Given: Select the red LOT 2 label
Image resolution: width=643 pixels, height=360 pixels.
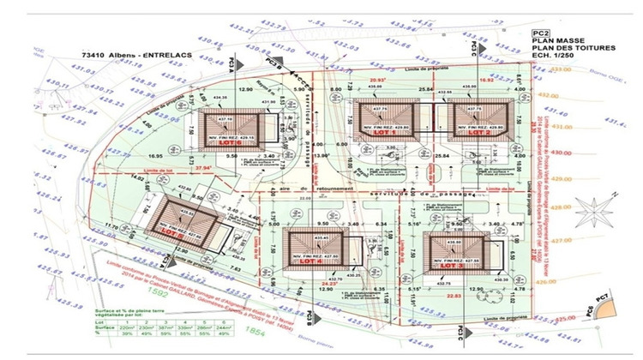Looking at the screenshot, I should pos(478,133).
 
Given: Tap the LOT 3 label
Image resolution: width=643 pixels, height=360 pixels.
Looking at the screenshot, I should pos(453,267).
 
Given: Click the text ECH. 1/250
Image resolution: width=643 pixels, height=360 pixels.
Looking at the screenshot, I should pos(556,56).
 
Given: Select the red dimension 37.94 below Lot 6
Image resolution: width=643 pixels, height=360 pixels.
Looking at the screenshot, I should pos(202,169).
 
